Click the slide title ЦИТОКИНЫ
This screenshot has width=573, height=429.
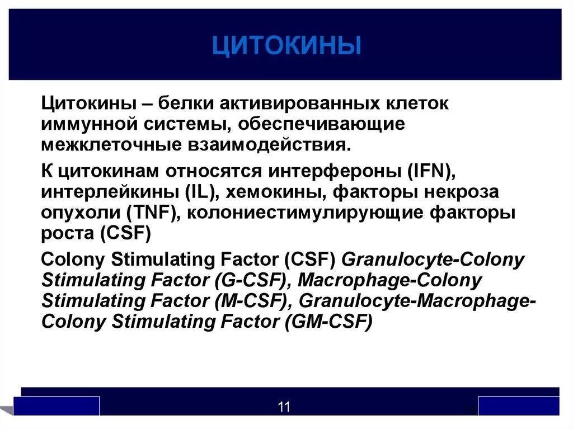pyautogui.click(x=286, y=46)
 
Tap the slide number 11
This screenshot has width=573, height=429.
pyautogui.click(x=284, y=407)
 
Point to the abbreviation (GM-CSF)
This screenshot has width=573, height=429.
pyautogui.click(x=328, y=321)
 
